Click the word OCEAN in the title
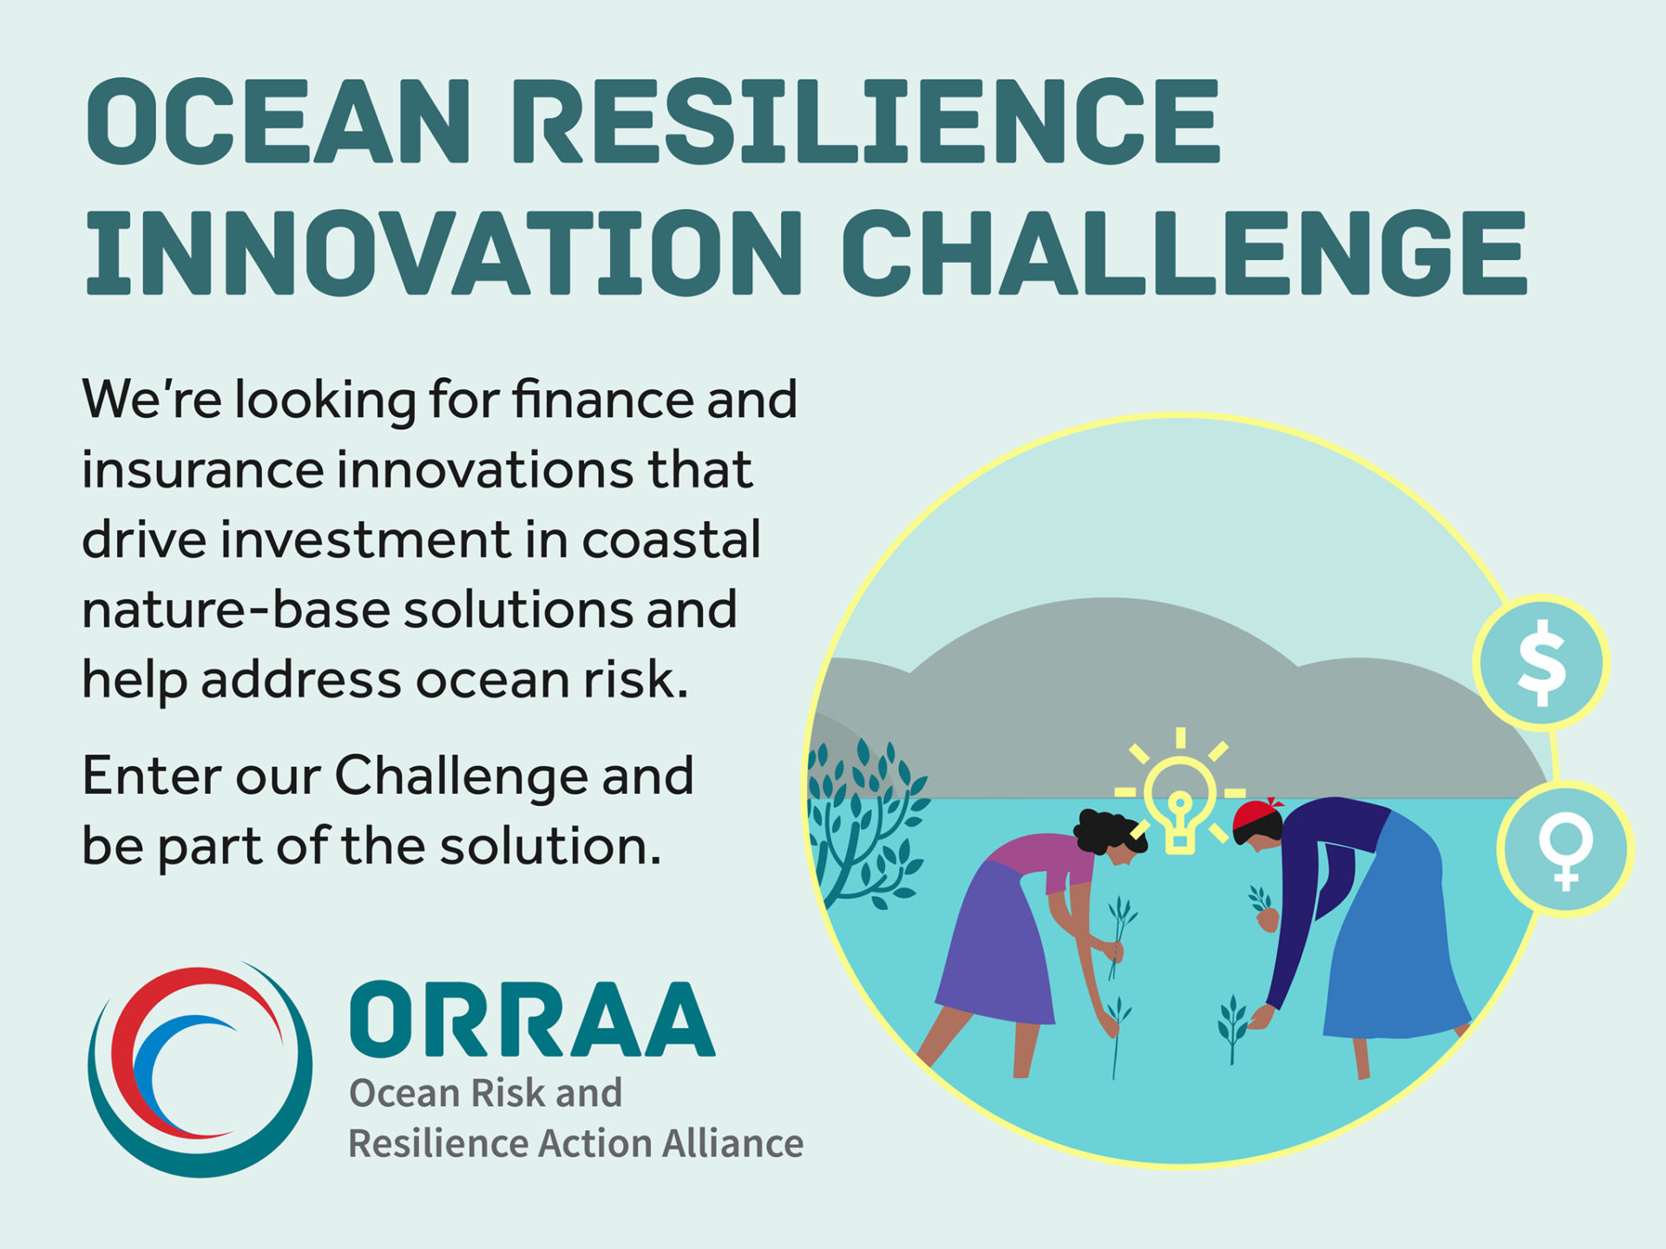(278, 121)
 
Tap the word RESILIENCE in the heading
(867, 121)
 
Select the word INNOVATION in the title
(443, 252)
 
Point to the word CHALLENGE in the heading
(1184, 252)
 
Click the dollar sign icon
(1542, 663)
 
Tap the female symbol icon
(1566, 848)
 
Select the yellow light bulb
(1179, 802)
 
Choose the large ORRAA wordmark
(533, 1019)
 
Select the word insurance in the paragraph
(202, 470)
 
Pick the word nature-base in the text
(236, 610)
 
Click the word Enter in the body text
(152, 775)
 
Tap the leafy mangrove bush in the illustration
(863, 824)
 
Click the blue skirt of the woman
(1397, 937)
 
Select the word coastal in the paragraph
(671, 539)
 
